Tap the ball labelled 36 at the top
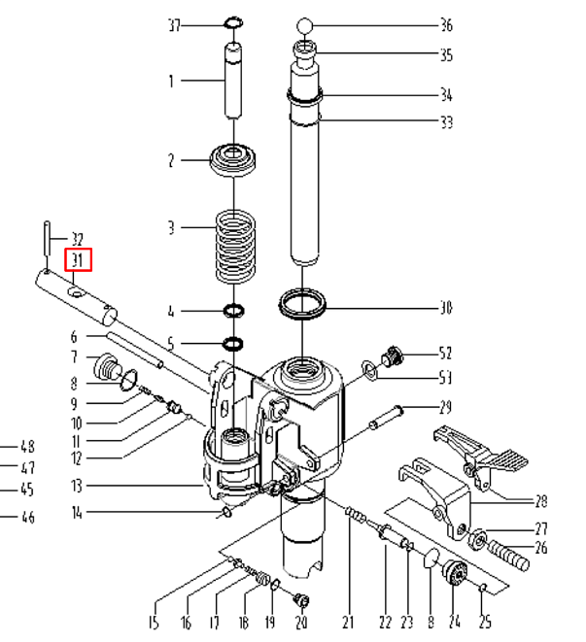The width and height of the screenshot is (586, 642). coord(305,25)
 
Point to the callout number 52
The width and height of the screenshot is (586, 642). coord(445,354)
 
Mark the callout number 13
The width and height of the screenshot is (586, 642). coord(77,486)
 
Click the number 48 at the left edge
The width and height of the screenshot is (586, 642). coord(27,448)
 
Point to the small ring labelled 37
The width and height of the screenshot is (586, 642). coord(233,23)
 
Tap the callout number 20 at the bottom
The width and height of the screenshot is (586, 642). coord(301,623)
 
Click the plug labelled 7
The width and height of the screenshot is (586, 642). coord(106,368)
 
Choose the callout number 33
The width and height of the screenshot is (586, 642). coord(445,123)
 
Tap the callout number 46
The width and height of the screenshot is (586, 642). coord(27,518)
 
